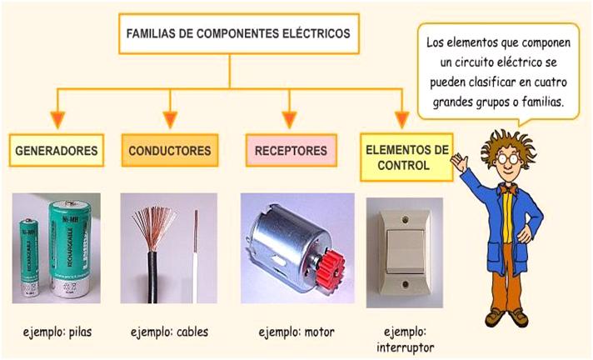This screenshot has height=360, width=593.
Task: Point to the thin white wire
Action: (x=196, y=267)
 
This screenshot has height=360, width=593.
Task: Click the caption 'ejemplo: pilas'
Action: (x=57, y=332)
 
